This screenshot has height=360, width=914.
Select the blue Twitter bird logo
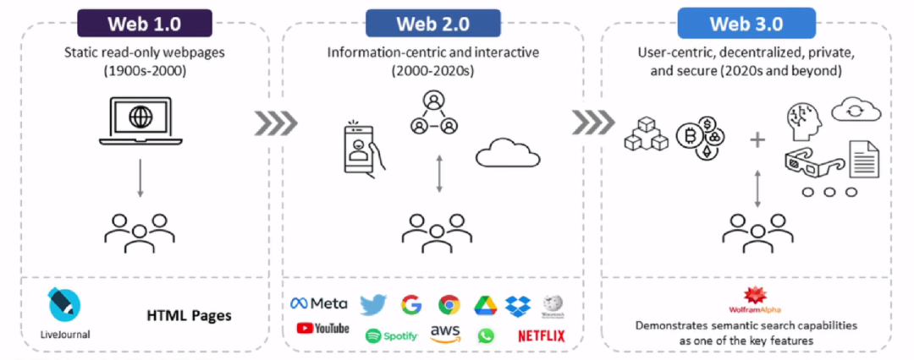(x=372, y=304)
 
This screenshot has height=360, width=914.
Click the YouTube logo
(x=322, y=328)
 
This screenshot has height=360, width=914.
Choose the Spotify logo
(x=391, y=335)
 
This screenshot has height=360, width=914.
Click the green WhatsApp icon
(x=485, y=335)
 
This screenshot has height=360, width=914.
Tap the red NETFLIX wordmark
(x=540, y=335)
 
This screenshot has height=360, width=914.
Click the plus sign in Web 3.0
(x=757, y=140)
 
